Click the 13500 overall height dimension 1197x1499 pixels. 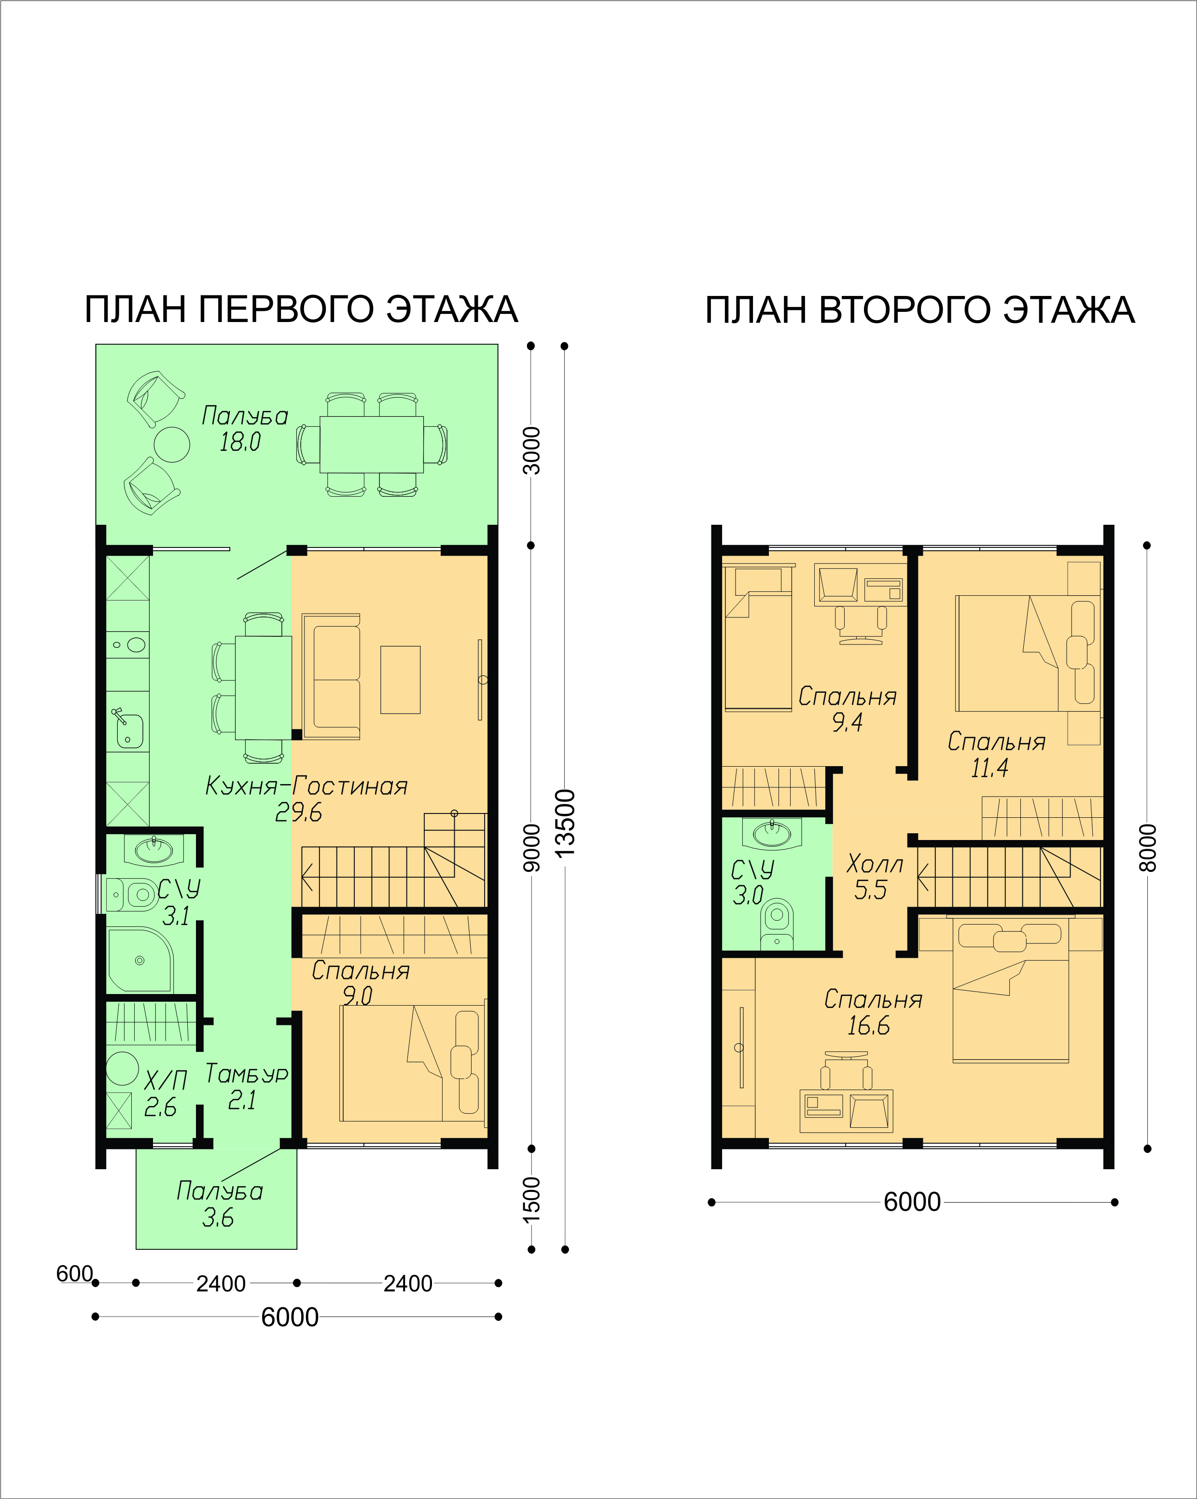tap(566, 822)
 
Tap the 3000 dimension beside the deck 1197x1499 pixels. tap(531, 450)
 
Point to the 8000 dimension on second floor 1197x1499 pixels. tap(1148, 848)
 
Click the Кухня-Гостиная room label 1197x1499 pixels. tap(306, 786)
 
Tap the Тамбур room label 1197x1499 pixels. tap(247, 1074)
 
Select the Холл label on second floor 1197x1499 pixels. tap(875, 864)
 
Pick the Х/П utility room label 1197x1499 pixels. tap(166, 1080)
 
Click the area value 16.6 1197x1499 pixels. tap(868, 1025)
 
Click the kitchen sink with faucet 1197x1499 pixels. tap(128, 727)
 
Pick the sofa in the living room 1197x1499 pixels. tap(332, 676)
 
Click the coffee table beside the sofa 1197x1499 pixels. tap(401, 680)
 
